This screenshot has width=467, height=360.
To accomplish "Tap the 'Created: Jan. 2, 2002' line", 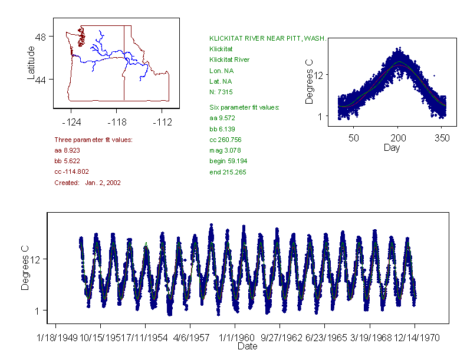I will click(87, 183).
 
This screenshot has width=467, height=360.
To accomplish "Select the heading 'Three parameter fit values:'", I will click(93, 140).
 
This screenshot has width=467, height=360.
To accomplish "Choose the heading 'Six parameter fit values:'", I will click(244, 107).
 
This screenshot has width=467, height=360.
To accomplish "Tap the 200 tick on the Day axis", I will click(397, 138).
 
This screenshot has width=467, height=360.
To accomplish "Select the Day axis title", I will click(392, 148).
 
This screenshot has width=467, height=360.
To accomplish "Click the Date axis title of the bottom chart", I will click(247, 346).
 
